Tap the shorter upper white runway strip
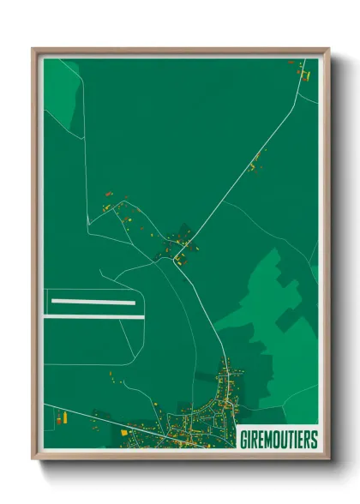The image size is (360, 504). [93, 302]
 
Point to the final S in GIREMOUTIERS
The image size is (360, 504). [313, 440]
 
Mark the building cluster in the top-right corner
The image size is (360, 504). [302, 73]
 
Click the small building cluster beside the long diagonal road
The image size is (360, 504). [254, 163]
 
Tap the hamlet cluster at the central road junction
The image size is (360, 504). [181, 243]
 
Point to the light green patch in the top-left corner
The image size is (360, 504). [62, 90]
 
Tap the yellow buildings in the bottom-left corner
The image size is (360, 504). [61, 420]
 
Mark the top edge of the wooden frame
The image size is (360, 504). [180, 51]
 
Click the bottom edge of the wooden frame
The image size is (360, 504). [180, 454]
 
